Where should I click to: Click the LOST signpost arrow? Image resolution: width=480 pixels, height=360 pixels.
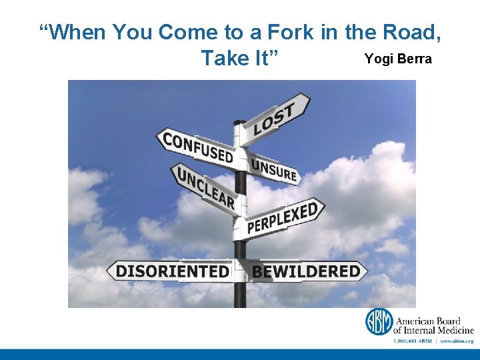[275, 119]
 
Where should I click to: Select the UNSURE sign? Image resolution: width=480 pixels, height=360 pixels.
[273, 168]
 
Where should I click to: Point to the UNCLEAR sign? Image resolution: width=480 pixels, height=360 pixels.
[205, 186]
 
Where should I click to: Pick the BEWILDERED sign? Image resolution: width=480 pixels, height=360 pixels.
[306, 271]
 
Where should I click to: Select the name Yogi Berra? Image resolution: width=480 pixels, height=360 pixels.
[398, 59]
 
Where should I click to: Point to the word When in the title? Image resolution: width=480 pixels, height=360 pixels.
[73, 31]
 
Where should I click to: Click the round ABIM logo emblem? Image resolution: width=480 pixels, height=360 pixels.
[379, 321]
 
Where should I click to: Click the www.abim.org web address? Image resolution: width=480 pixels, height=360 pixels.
[456, 341]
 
